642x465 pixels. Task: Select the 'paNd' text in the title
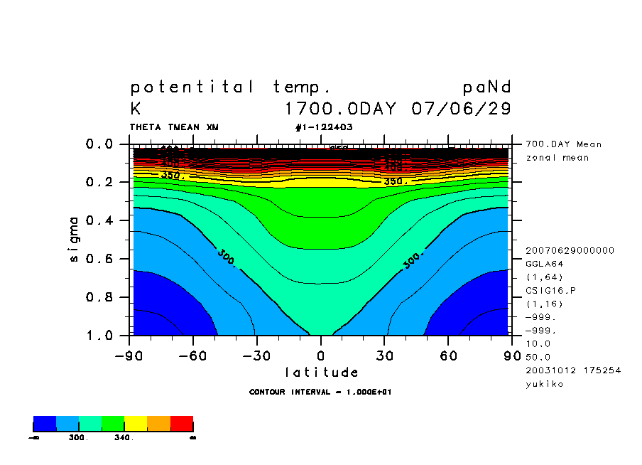pos(486,87)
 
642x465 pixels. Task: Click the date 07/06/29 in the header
pos(461,109)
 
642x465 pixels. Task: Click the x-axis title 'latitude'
pos(322,372)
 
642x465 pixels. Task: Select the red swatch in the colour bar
pos(182,424)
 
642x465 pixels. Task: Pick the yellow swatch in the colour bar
pos(136,424)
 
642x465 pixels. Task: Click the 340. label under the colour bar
pos(123,438)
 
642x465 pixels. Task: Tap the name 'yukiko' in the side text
pos(543,384)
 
